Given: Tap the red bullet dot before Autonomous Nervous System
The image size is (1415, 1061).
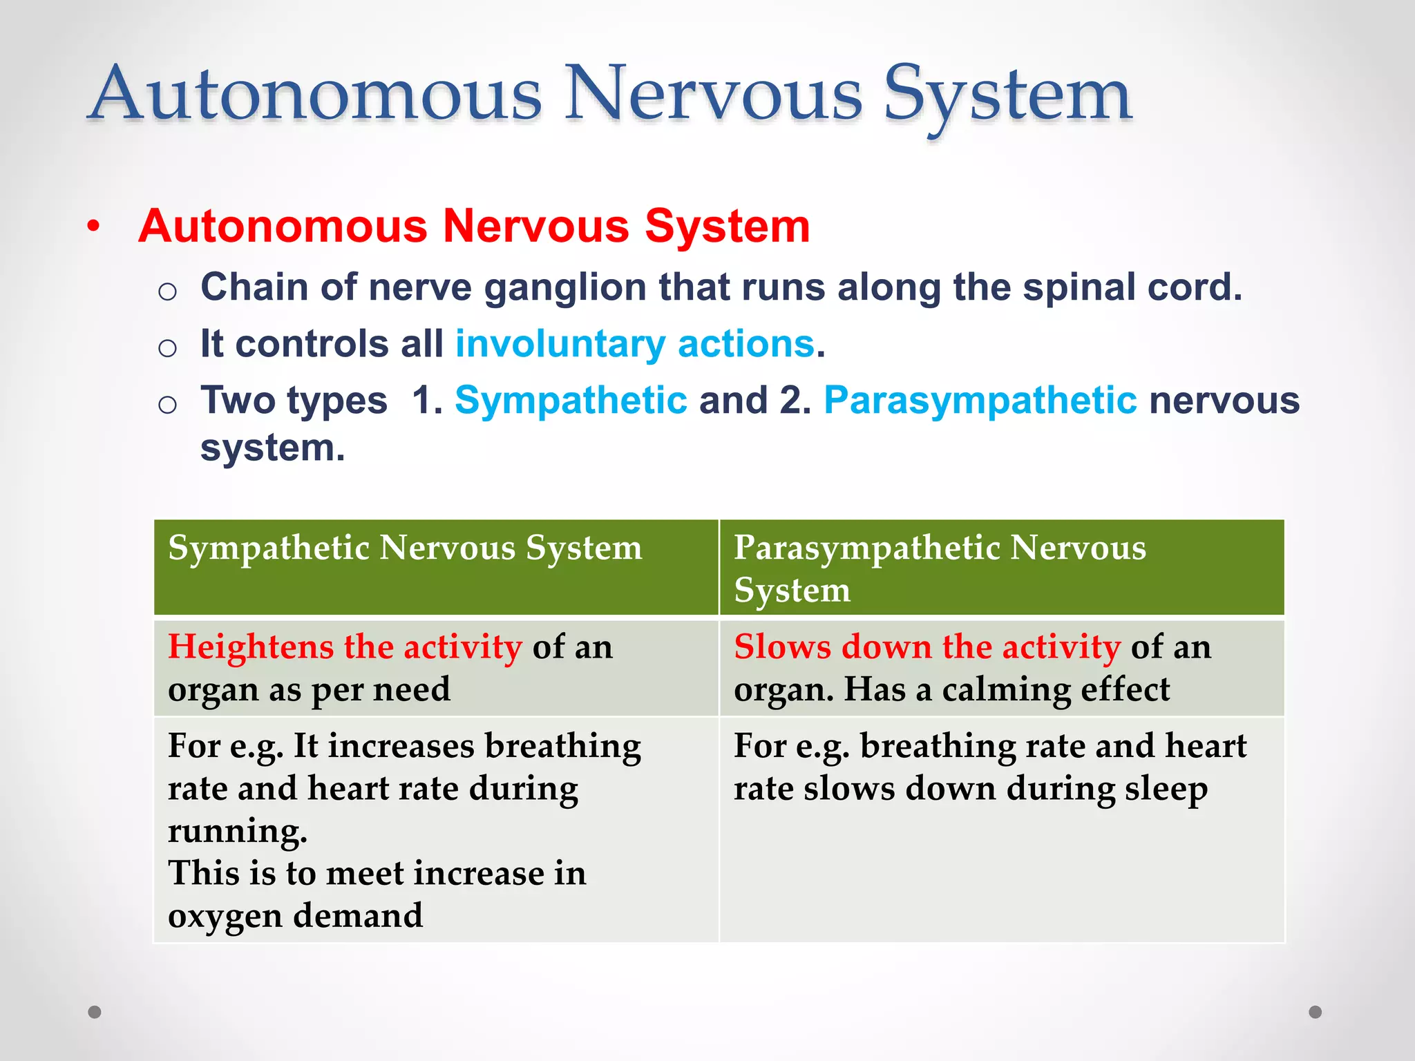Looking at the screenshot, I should [x=94, y=227].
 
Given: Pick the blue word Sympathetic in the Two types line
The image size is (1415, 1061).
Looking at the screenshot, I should [x=571, y=401].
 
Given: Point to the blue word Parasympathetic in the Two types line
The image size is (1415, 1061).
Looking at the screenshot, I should [x=980, y=401].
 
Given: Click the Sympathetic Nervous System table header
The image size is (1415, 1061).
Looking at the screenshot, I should [x=406, y=548].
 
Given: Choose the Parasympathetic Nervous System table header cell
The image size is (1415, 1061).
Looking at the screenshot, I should [x=940, y=568].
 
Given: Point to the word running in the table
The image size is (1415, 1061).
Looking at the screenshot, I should [x=236, y=831].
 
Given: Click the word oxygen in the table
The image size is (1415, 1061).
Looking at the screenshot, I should [x=225, y=916].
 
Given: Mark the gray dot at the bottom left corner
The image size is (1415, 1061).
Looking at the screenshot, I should [x=95, y=1012].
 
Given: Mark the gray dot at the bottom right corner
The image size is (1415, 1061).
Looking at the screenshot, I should [x=1315, y=1012].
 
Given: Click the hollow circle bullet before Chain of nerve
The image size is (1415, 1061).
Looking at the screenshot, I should [x=167, y=291].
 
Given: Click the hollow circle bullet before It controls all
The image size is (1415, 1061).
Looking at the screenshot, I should [x=167, y=347].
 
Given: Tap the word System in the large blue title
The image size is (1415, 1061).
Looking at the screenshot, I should [x=1007, y=97].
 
